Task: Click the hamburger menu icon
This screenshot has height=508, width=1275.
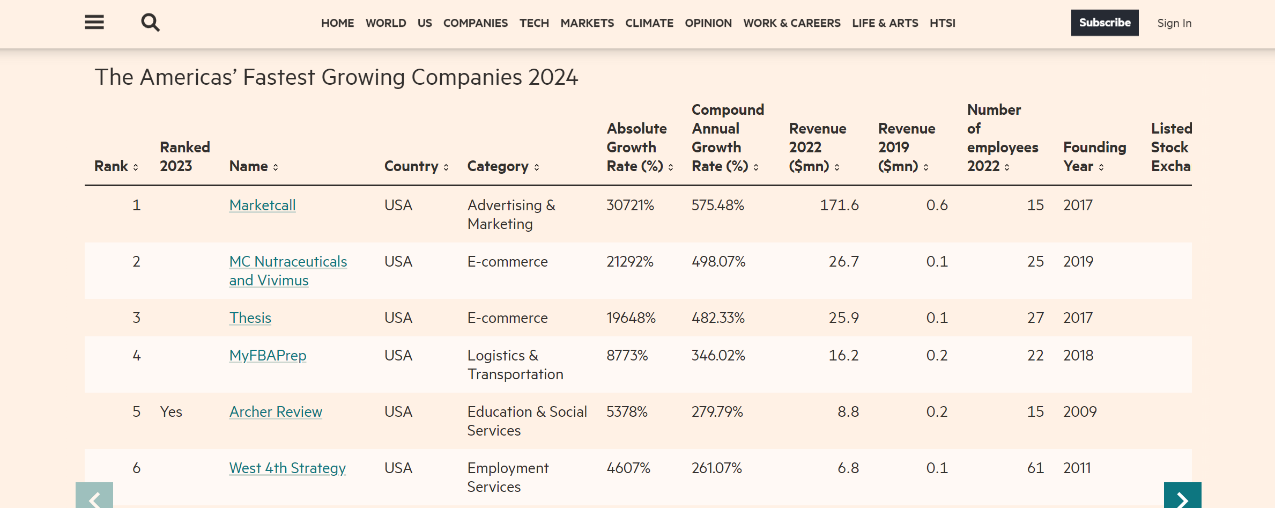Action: [94, 23]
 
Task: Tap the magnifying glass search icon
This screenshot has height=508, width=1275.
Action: [150, 23]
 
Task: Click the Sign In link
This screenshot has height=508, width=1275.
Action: [1174, 23]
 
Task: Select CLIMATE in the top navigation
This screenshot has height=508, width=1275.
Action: [649, 23]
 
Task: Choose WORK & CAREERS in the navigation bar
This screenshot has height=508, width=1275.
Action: [791, 23]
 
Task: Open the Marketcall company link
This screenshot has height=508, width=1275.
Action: [262, 205]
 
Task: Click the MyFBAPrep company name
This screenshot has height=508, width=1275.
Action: [268, 355]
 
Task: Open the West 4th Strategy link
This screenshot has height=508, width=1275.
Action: [287, 468]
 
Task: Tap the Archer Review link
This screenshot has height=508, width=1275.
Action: [276, 411]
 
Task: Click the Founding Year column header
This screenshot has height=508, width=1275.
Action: [1094, 157]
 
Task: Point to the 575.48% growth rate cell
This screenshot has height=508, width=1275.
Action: [717, 205]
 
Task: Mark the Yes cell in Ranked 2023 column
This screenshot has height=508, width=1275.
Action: [171, 411]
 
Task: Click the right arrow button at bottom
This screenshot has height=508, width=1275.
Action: [1182, 497]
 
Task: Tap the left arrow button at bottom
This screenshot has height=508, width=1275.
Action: [94, 497]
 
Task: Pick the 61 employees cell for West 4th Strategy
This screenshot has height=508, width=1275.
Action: [1035, 468]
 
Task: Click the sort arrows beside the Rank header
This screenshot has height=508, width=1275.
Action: [136, 167]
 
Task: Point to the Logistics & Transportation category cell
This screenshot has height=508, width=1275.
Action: [515, 365]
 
